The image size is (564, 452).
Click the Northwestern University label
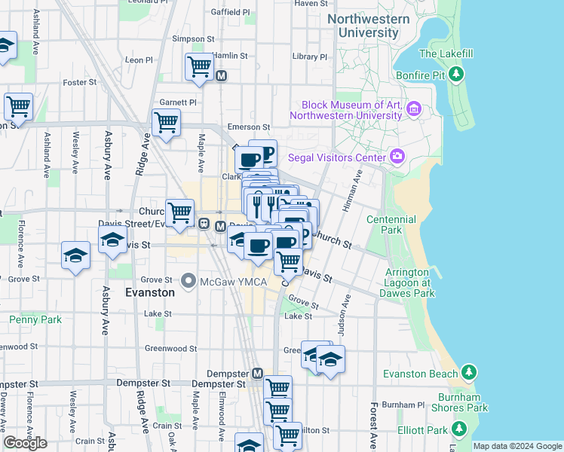(369, 26)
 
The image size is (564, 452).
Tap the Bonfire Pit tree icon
(455, 74)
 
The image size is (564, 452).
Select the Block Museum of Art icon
(413, 111)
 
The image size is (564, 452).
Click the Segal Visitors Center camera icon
(397, 157)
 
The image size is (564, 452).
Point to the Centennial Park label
(391, 224)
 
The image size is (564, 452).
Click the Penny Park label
(35, 319)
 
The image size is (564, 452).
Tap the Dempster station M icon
(257, 373)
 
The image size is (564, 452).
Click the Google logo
(25, 443)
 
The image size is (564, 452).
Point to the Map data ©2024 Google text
(517, 446)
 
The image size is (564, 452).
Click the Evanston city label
(149, 292)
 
